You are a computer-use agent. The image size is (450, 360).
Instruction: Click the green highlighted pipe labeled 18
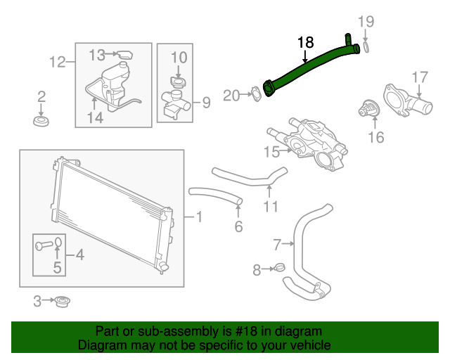pos(309,67)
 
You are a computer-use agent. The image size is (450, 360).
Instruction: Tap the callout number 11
pos(271,207)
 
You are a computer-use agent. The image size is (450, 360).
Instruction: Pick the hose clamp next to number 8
pos(278,268)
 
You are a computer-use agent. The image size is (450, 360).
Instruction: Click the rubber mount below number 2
pos(41,123)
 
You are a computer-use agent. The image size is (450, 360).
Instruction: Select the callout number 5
pos(57,266)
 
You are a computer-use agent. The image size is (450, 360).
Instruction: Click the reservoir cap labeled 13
pos(124,53)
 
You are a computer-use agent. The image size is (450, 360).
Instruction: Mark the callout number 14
pos(95,117)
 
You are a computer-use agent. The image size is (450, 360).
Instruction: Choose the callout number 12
pos(58,63)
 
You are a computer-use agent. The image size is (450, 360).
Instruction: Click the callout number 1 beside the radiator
pos(198,218)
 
